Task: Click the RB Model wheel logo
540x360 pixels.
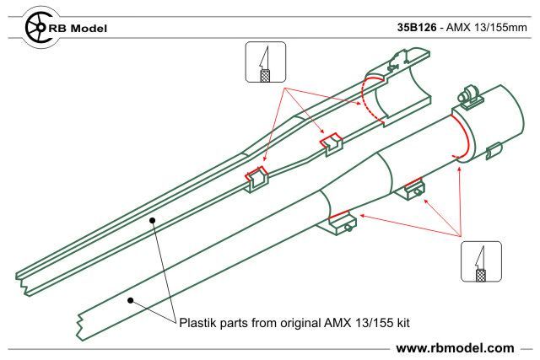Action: tap(39, 27)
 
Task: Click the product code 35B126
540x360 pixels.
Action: tap(417, 27)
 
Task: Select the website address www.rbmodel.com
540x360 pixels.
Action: tap(455, 348)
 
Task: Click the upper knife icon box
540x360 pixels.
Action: tap(265, 62)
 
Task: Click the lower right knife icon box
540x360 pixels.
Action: tap(481, 261)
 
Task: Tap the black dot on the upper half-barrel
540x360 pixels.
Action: tap(152, 220)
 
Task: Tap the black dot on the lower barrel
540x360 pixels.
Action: tap(130, 300)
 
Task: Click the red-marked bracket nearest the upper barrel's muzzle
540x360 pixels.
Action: tap(256, 178)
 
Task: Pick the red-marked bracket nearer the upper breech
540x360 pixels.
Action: tap(332, 144)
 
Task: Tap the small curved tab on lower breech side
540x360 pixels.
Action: tap(494, 151)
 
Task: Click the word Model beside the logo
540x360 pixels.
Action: tap(89, 28)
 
